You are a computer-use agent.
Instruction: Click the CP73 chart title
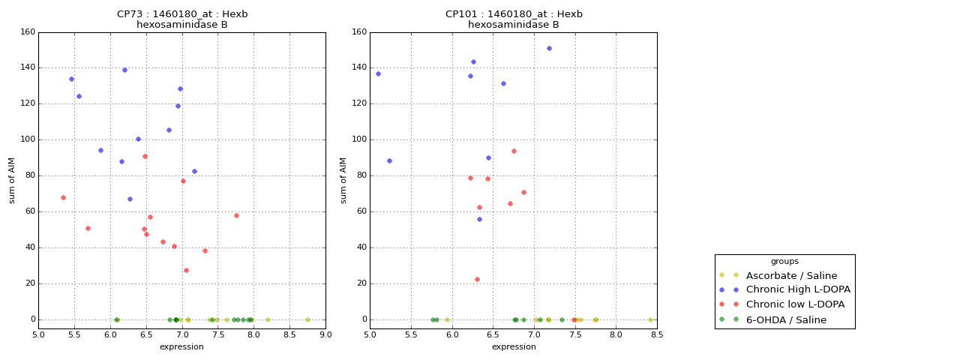point(182,19)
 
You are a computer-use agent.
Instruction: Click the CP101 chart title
point(514,19)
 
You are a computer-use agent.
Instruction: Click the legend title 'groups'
point(784,262)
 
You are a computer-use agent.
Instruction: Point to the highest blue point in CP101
point(549,48)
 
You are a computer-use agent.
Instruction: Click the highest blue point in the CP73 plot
point(124,70)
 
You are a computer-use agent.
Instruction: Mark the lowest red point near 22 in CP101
point(477,279)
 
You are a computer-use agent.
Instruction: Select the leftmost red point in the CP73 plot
point(63,197)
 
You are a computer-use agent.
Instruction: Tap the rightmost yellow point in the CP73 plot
point(307,319)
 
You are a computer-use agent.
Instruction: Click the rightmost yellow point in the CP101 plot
point(650,319)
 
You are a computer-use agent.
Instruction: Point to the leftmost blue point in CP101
point(378,73)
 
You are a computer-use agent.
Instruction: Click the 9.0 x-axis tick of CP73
point(325,334)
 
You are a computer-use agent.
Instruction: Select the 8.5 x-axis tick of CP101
point(657,334)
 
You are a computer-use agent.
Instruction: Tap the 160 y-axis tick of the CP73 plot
point(27,31)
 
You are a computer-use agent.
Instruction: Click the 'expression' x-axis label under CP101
point(514,346)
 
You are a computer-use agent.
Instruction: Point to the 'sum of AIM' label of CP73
point(12,180)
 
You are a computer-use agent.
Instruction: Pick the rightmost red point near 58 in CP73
point(236,215)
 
